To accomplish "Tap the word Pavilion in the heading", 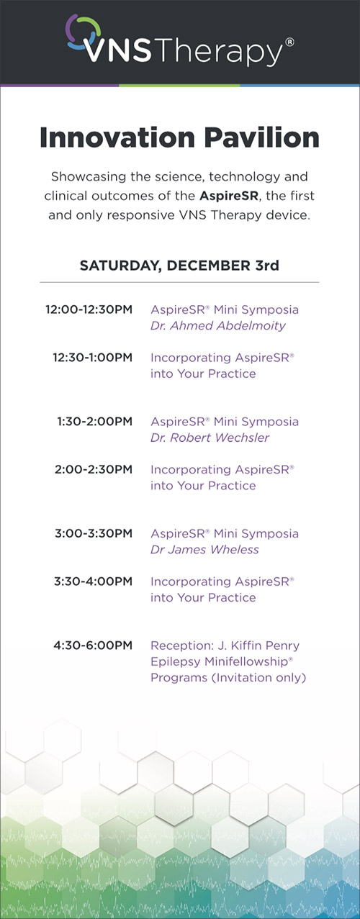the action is pos(262,137).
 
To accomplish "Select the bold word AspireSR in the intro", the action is pos(229,196).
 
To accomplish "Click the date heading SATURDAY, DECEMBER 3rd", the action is pos(179,266).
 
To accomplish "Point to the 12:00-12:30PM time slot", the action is pos(89,309).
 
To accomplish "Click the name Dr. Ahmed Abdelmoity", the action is pos(218,326).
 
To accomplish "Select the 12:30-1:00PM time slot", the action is pos(92,358).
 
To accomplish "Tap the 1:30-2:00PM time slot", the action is pos(94,421).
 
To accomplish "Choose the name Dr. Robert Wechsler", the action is pos(210,438).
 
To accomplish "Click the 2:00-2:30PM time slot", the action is pos(94,469).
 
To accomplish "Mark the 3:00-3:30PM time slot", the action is pos(94,533).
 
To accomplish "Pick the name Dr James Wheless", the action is pos(204,550).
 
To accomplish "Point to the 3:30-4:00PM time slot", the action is pos(93,581).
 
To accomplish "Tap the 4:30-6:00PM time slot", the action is pos(93,646).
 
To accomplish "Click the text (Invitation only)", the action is pos(259,678).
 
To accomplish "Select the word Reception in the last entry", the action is pos(182,646).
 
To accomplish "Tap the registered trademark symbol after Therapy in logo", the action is pos(289,42).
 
